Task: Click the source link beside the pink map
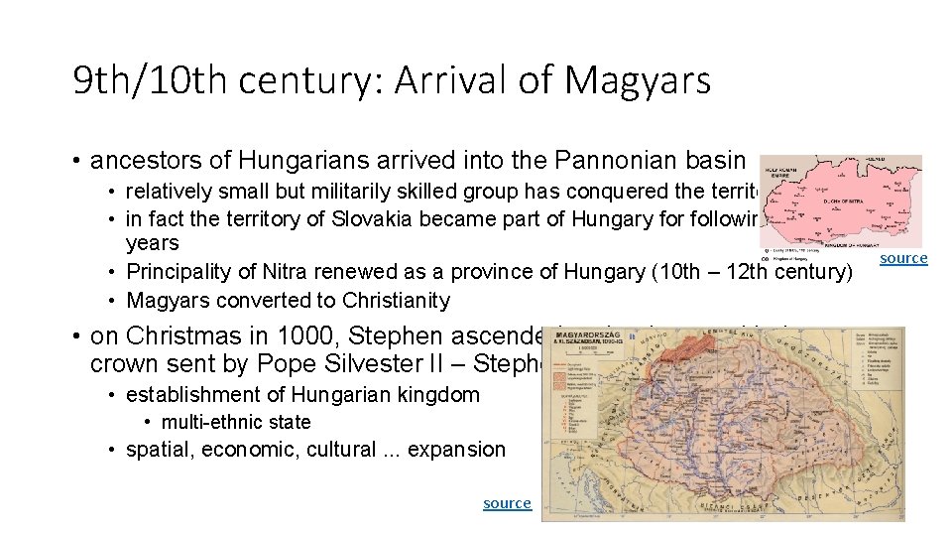click(903, 258)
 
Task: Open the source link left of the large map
click(507, 503)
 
